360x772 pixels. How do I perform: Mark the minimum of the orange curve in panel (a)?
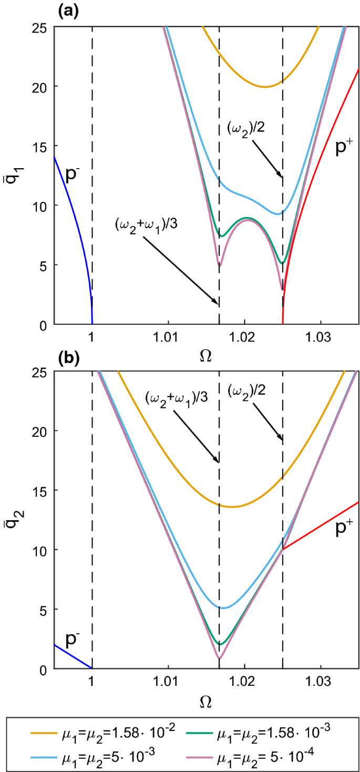(265, 87)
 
